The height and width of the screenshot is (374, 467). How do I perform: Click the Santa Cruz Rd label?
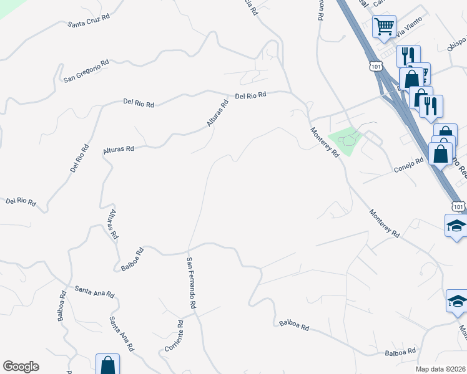tap(89, 21)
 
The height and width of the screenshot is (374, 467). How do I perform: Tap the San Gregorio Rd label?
tap(86, 70)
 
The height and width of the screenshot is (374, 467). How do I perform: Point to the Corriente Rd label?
tap(174, 335)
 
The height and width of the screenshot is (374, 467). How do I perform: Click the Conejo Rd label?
tap(409, 165)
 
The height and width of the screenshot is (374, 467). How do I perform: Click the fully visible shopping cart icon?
tap(384, 27)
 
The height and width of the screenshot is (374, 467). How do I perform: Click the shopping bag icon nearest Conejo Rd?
tap(441, 153)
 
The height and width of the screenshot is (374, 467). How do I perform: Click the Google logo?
tap(21, 367)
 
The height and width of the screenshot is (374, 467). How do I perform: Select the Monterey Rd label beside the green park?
tap(325, 141)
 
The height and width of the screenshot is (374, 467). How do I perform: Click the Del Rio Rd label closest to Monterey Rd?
tap(251, 95)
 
